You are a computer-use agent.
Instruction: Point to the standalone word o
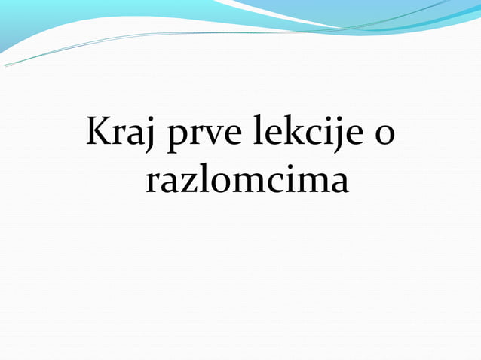384,136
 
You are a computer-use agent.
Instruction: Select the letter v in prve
207,136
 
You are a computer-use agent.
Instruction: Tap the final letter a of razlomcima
338,182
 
